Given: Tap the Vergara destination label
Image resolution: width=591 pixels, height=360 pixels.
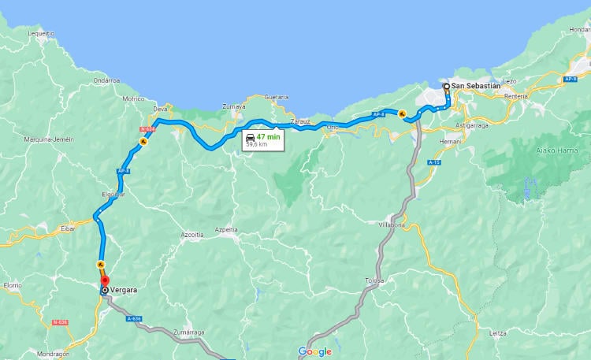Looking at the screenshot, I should point(125,290).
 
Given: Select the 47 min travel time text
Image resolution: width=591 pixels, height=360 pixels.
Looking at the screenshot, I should point(268,136).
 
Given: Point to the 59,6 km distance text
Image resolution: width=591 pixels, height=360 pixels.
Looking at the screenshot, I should point(257,144).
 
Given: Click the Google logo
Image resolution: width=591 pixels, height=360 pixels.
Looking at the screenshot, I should point(315,351).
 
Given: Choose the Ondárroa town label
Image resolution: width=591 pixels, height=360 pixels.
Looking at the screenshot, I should point(106,80).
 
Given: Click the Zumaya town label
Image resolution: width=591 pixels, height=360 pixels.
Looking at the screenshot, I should point(234,106).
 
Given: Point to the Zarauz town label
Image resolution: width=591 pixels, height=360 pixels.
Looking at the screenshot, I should point(300,121).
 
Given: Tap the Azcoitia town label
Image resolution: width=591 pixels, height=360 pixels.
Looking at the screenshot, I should point(192,235).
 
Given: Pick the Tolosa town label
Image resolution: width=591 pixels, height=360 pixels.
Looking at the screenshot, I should point(374,280).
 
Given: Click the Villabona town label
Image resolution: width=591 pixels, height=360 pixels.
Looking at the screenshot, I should point(391,225).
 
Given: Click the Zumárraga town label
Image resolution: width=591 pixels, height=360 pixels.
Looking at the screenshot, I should point(188,332).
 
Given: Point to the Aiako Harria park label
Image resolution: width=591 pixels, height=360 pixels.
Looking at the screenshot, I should point(535,150).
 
